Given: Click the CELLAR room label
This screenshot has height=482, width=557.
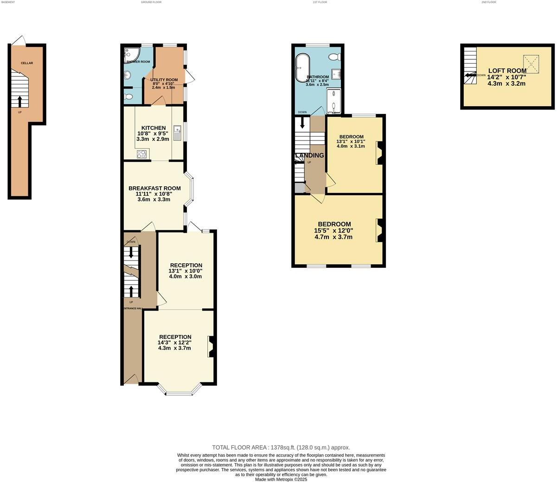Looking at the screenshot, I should (26, 63).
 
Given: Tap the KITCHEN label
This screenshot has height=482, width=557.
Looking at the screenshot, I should (154, 128).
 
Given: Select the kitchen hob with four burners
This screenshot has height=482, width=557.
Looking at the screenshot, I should (142, 154).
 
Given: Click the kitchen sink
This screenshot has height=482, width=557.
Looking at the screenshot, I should (177, 133).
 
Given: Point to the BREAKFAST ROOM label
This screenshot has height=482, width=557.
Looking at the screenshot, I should (154, 188).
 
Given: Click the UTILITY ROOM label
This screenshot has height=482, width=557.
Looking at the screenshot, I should (164, 80).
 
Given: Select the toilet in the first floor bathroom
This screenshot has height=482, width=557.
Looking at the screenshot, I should (334, 57).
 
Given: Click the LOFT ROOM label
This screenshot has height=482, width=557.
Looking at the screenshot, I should (507, 71).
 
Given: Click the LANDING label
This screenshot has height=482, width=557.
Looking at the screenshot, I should (309, 155).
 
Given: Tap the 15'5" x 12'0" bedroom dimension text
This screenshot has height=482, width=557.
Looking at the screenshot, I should (333, 230).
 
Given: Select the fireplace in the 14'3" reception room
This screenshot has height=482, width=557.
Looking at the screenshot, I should (210, 347).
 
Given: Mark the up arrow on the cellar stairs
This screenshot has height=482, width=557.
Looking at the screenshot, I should (19, 101).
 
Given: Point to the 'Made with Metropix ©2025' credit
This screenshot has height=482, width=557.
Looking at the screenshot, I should (281, 479).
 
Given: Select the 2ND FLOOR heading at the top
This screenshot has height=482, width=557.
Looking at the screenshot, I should (488, 2).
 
